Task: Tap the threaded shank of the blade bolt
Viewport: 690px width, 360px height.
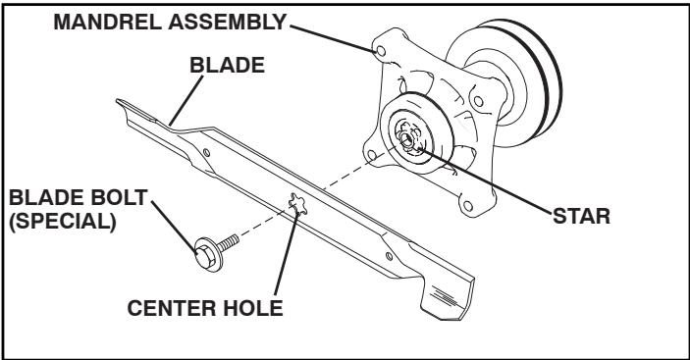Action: (x=233, y=239)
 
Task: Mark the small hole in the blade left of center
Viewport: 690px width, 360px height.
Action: (x=204, y=154)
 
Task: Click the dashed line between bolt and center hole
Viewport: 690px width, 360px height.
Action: (x=265, y=224)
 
